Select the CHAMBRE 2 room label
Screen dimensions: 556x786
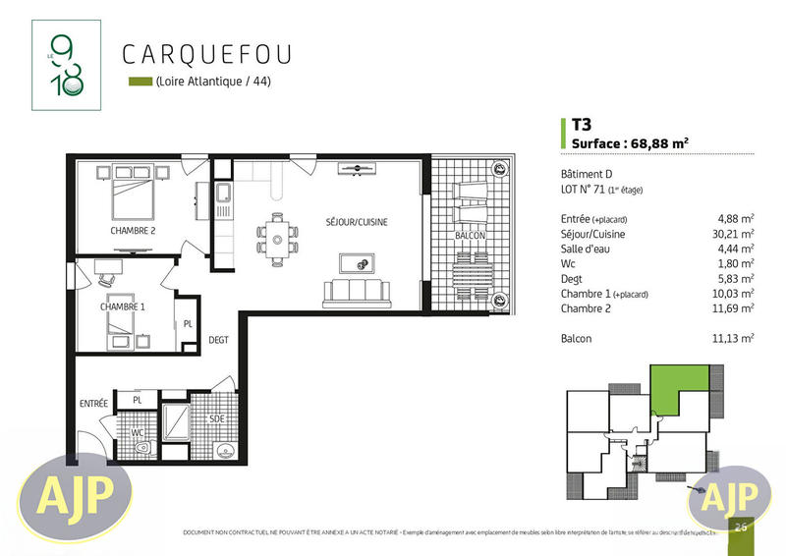click(x=132, y=231)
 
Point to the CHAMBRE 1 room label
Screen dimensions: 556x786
click(x=122, y=306)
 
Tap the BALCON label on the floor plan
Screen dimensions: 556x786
click(x=469, y=237)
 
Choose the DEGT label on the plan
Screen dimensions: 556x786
click(x=218, y=340)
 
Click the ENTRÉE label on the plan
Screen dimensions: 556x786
click(x=93, y=404)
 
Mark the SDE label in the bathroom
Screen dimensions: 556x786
click(x=216, y=417)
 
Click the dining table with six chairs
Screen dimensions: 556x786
click(x=279, y=235)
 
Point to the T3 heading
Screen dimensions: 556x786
click(x=581, y=125)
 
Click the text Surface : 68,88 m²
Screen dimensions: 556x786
click(x=629, y=142)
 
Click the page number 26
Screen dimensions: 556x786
click(x=740, y=528)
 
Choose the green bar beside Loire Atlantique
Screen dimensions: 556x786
click(x=140, y=82)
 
